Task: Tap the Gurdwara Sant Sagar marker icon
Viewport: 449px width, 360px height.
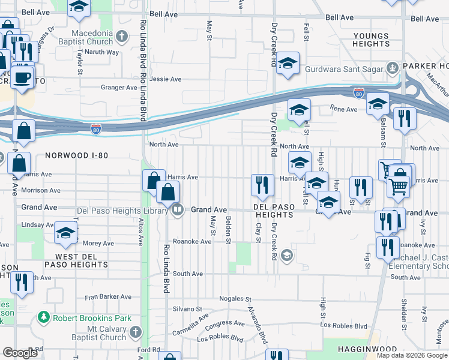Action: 393,67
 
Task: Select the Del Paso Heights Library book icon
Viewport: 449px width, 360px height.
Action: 178,210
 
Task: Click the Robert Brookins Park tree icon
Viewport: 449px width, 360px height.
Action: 44,316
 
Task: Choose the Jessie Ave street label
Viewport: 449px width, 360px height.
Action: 165,79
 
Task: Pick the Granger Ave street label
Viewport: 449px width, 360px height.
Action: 119,88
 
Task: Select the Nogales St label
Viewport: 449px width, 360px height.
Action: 235,298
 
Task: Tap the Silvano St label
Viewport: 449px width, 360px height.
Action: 188,309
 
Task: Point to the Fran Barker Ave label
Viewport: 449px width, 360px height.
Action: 107,296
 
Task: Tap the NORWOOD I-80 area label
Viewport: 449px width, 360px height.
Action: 76,155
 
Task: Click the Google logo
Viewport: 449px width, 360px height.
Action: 20,353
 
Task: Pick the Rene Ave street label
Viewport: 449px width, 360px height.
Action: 345,110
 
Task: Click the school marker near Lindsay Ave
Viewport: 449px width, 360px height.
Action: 65,234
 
